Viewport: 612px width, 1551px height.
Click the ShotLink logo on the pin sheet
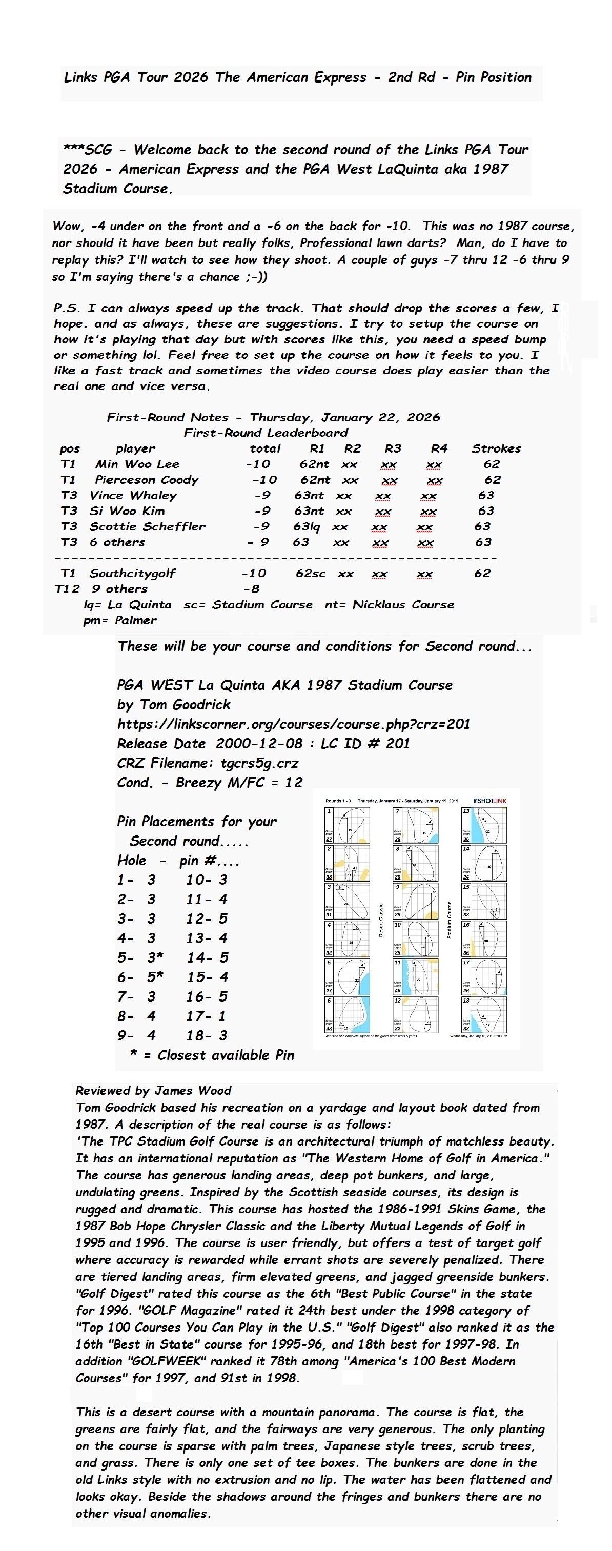tap(491, 800)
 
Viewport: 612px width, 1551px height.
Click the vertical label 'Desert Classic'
tap(381, 920)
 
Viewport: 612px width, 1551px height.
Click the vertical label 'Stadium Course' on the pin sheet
tap(450, 920)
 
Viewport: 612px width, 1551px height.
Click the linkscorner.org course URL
tap(293, 724)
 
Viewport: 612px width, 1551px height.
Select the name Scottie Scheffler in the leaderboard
tap(148, 526)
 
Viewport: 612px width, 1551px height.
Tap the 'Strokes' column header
tap(496, 448)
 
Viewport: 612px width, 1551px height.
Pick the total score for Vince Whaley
tap(262, 495)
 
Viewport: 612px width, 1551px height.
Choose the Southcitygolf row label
tap(133, 573)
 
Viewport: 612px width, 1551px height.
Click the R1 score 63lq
tap(307, 526)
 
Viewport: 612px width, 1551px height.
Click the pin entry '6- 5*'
tap(140, 976)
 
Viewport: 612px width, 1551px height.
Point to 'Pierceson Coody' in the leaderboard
tap(147, 480)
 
